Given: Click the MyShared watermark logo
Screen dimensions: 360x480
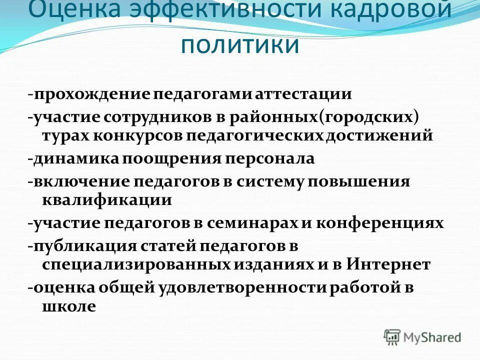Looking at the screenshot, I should coord(422,336).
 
